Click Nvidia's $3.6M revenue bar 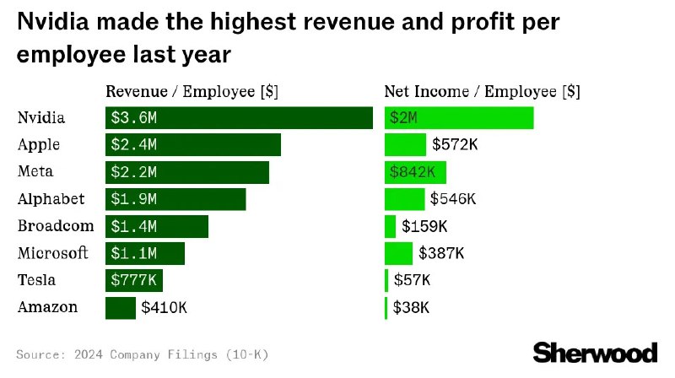click(239, 118)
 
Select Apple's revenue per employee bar click(192, 145)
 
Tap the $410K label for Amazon click(164, 307)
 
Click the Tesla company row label click(36, 280)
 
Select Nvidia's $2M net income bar click(459, 118)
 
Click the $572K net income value click(455, 145)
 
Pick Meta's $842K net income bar click(415, 172)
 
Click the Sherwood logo click(596, 353)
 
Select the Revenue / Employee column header click(193, 91)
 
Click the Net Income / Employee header click(482, 91)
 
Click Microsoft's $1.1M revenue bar click(145, 253)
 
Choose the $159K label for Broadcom click(424, 226)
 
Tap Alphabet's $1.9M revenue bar click(175, 199)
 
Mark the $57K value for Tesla click(411, 280)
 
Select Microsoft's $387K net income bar click(398, 253)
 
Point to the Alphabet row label click(51, 199)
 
